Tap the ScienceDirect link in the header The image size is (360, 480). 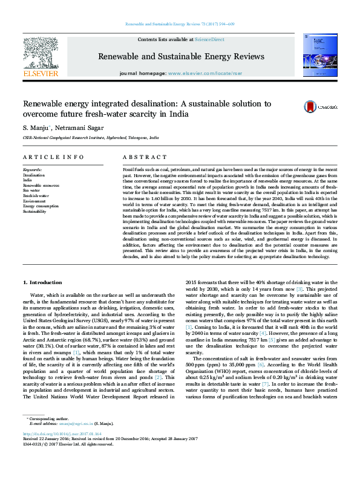click(209, 39)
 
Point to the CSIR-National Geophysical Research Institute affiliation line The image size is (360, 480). click(91, 138)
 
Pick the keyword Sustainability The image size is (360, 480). click(34, 212)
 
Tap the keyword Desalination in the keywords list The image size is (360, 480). click(34, 175)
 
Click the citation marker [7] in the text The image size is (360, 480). click(248, 384)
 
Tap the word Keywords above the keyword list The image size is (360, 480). click(33, 170)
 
